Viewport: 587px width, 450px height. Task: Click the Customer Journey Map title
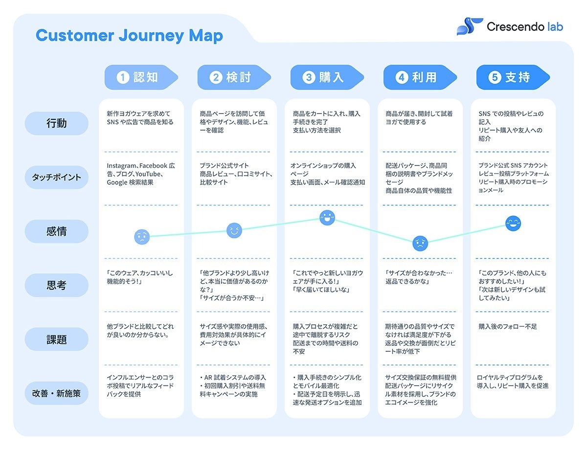pos(129,36)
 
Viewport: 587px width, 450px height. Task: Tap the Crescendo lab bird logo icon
pos(470,26)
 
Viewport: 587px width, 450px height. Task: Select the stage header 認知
pos(141,77)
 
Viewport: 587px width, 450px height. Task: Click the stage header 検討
pos(234,77)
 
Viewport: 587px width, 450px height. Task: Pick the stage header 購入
pos(327,77)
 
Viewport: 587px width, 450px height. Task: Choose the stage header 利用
pos(420,77)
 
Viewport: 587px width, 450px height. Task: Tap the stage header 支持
pos(513,77)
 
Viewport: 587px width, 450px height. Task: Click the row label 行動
pos(56,123)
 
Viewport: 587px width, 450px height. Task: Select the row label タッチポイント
pos(56,177)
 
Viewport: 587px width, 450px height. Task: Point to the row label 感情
pos(56,231)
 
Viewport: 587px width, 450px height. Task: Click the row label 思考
pos(56,285)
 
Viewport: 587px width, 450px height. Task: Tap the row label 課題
pos(56,339)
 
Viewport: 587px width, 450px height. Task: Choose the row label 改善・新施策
pos(56,393)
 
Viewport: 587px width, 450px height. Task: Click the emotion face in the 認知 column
pos(142,237)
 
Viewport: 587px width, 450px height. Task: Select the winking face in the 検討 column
pos(234,230)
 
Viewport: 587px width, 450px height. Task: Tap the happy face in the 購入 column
pos(327,218)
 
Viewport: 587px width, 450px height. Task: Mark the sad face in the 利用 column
pos(420,244)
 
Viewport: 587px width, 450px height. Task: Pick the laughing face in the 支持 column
pos(513,224)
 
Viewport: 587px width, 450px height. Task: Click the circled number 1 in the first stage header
pos(123,77)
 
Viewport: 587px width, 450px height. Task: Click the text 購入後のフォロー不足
pos(508,327)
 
